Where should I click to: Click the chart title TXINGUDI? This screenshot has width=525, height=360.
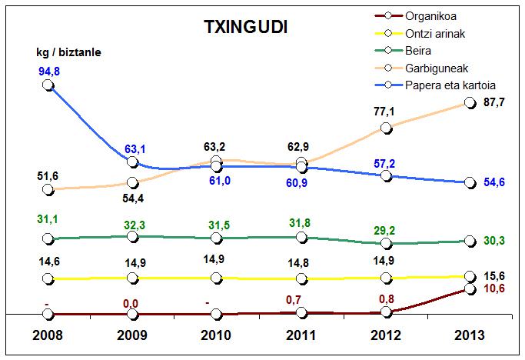[247, 27]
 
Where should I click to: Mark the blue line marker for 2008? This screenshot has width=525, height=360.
[48, 85]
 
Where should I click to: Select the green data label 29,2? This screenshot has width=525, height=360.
[384, 230]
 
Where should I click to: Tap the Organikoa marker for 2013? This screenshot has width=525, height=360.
[470, 289]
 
